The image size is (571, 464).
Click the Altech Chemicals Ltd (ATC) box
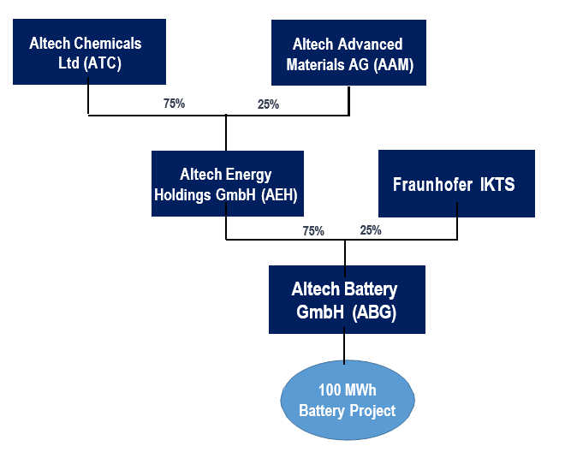point(89,51)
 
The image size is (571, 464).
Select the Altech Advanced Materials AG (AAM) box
point(348,52)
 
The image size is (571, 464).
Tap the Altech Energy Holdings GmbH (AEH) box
point(228,183)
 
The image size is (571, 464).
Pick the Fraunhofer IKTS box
point(456,183)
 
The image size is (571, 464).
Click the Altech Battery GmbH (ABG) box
point(347,300)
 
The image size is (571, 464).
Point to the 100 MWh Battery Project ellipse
point(348,400)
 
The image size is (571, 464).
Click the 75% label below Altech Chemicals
point(174,104)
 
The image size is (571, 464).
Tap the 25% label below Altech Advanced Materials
point(269,104)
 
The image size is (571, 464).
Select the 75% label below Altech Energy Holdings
point(313,231)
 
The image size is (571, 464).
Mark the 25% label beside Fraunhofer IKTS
point(371,230)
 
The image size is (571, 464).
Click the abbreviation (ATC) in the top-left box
point(103,63)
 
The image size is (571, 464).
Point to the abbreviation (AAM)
point(394,65)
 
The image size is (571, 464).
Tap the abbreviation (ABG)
point(374,312)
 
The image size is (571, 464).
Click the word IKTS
point(497,184)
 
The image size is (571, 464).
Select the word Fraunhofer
point(432,184)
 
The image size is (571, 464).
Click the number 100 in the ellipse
point(330,390)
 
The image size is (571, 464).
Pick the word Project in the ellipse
point(372,411)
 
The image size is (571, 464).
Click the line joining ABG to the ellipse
point(344,345)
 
